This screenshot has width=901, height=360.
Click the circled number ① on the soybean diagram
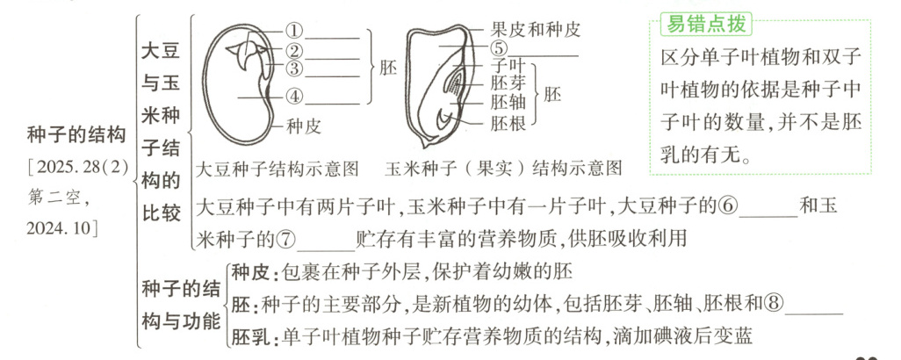coord(294,30)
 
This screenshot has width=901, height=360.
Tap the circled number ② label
coord(294,51)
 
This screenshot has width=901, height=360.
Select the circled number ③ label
coord(294,68)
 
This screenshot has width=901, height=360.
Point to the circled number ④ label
coord(294,96)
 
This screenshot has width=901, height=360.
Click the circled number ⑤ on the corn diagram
coord(500,50)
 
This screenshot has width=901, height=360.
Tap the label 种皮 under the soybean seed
coord(303,126)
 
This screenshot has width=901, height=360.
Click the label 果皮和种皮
coord(536,29)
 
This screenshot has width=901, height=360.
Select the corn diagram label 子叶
coord(508,66)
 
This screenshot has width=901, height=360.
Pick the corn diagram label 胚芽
coord(508,84)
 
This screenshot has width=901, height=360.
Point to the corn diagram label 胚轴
coord(508,103)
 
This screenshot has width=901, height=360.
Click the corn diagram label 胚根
coord(508,123)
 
